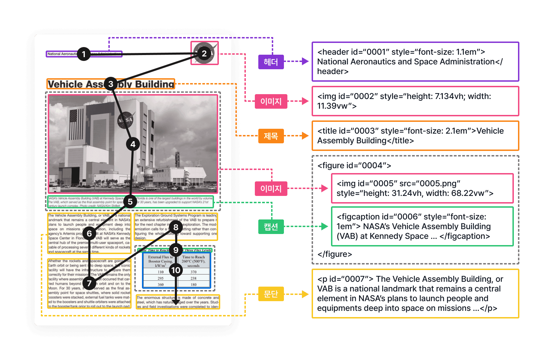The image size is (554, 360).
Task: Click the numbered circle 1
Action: coord(83,54)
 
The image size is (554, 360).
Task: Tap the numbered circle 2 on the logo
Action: coord(204,53)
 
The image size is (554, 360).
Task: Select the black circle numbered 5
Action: coord(130,201)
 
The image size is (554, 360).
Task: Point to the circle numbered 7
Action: coord(89,283)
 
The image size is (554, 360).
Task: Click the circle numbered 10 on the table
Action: coord(176,270)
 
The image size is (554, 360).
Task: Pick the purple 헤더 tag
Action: coord(271,62)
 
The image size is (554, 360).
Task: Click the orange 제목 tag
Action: coord(271,136)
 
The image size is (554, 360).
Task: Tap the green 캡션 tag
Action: coord(271,227)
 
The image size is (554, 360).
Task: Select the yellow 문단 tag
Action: coord(271,294)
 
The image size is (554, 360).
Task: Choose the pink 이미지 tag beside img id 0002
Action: coord(271,101)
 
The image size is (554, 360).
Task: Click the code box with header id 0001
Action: coord(415,62)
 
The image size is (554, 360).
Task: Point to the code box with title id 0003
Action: coord(415,136)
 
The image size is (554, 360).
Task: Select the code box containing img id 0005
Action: coord(422,188)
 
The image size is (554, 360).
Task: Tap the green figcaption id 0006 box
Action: coord(422,226)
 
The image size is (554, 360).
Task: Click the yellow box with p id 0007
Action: coord(415,294)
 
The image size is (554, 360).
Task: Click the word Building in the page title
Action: coord(154,84)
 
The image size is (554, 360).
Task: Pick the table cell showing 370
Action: coord(193,272)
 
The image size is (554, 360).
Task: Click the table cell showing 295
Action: coord(161,278)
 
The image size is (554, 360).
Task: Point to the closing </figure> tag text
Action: coord(334,254)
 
